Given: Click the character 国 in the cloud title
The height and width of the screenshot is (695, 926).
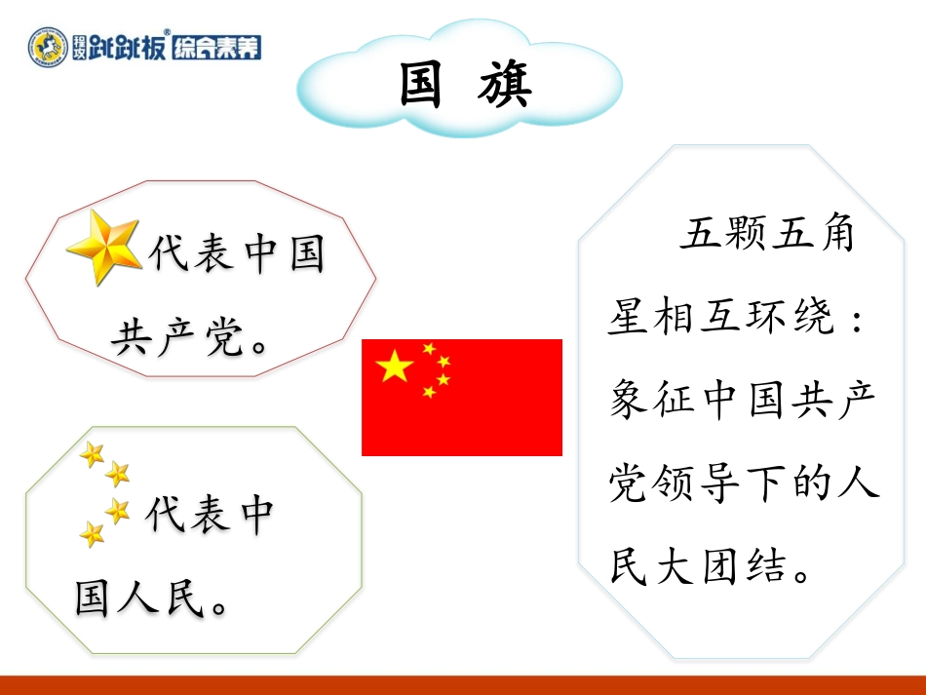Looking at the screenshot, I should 421,85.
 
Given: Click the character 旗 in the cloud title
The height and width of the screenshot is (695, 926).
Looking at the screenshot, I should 507,85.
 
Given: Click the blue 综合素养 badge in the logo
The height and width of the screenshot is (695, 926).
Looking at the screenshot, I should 216,46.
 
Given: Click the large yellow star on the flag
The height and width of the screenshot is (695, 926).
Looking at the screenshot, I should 395,366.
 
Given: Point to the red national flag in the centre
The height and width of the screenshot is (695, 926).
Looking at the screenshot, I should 462,397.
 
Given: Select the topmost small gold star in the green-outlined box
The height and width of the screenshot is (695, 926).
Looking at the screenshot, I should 93,453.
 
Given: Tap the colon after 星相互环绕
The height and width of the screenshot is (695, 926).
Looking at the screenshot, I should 857,319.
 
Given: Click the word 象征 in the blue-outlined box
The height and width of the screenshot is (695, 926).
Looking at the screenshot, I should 655,401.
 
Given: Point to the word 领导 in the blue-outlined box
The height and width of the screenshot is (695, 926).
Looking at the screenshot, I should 698,483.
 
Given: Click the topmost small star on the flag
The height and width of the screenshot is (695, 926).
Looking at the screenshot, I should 429,348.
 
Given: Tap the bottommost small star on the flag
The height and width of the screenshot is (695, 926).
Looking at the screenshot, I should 429,392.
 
